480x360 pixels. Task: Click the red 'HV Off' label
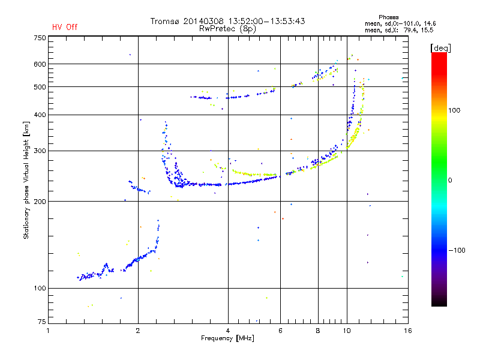tap(65, 27)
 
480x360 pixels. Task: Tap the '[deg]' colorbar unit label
tap(441, 47)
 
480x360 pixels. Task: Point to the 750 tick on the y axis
tap(40, 38)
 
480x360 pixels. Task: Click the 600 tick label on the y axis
tap(40, 64)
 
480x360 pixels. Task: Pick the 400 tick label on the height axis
tap(40, 115)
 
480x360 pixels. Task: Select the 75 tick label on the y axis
tap(41, 323)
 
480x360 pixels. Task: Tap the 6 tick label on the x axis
tap(280, 331)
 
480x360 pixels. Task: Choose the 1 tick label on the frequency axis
tap(49, 331)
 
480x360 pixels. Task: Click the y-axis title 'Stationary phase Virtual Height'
tap(26, 180)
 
